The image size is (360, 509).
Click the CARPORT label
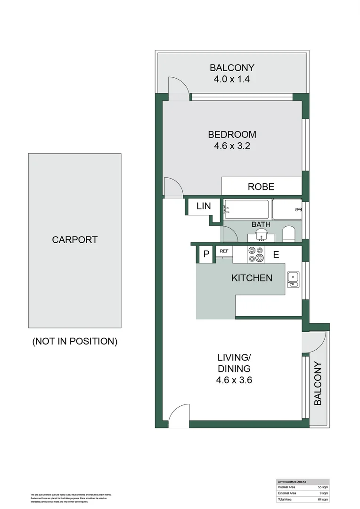tap(74, 239)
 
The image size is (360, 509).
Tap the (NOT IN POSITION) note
tap(74, 341)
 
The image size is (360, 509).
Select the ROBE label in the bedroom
tap(261, 187)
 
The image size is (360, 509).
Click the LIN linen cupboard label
tap(203, 206)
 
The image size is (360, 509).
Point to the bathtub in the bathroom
tap(246, 209)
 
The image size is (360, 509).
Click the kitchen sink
tap(293, 279)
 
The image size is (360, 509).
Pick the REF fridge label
tap(224, 251)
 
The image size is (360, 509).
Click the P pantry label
tap(206, 254)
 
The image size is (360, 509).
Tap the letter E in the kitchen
tap(276, 255)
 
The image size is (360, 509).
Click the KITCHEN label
tap(252, 278)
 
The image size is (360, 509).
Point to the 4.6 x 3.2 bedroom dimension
tap(232, 146)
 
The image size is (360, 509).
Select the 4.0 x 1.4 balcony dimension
tap(232, 79)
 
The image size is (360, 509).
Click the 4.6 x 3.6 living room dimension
tap(234, 380)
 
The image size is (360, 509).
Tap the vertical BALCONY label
tap(318, 383)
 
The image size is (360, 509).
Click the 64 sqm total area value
tap(323, 499)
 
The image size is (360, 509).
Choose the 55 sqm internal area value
tap(323, 487)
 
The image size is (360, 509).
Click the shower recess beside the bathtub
tap(287, 209)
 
